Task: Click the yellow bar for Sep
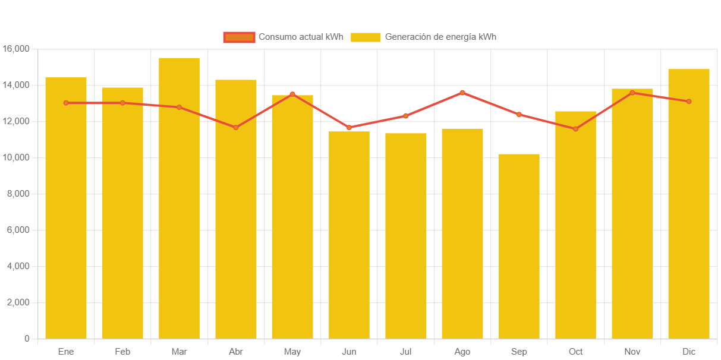tap(519, 246)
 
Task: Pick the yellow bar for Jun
tap(349, 235)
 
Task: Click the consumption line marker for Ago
tap(462, 93)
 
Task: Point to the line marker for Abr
tap(236, 128)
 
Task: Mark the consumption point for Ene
tap(66, 103)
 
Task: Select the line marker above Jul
tap(405, 116)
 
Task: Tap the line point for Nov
tap(632, 93)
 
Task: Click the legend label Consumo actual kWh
tap(301, 37)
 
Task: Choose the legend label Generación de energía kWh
tap(440, 37)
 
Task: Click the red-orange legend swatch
tap(239, 37)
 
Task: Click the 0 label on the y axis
tap(27, 339)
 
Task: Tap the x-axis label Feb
tap(122, 352)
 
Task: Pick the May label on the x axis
tap(292, 352)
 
